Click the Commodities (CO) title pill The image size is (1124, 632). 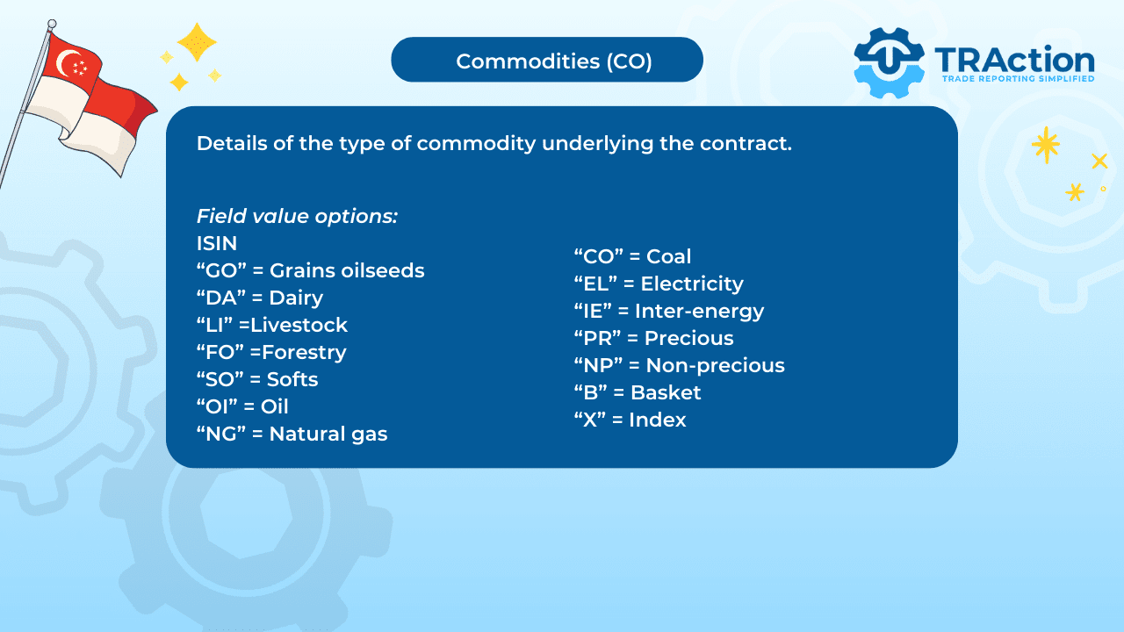[547, 60]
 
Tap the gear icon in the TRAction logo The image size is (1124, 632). [889, 62]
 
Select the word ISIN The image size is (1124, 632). [217, 243]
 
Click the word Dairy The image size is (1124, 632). [296, 298]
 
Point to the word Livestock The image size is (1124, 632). [299, 325]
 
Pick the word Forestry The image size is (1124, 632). [304, 353]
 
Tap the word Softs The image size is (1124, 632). [292, 380]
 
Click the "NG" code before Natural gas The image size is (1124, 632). [221, 434]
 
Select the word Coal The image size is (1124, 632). [668, 256]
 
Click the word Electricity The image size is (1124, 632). [692, 284]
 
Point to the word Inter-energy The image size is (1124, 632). [700, 312]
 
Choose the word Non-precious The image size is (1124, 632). [715, 366]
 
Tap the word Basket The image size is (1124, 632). [666, 392]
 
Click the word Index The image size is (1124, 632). [658, 420]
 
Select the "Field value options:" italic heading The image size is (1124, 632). [297, 216]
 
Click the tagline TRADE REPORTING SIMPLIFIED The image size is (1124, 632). [1018, 79]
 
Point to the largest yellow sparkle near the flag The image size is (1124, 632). [198, 42]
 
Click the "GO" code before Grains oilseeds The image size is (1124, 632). [222, 271]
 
